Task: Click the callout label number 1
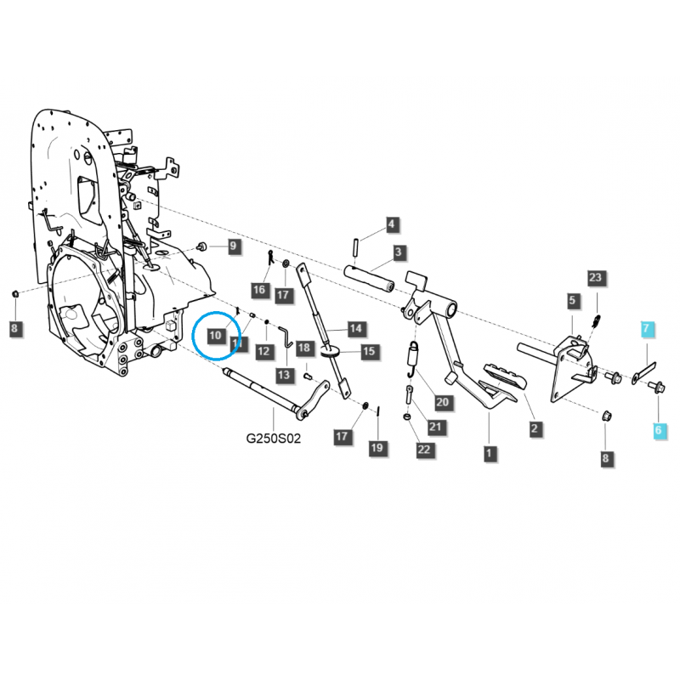(x=490, y=453)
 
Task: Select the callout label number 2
(x=535, y=429)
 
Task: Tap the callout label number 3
(x=398, y=253)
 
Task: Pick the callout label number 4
(x=391, y=225)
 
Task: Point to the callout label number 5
(x=573, y=301)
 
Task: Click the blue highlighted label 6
(x=658, y=431)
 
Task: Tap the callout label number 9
(x=233, y=246)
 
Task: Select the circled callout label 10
(x=215, y=337)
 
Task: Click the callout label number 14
(x=355, y=328)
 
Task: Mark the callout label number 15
(x=369, y=351)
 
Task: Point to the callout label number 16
(x=260, y=291)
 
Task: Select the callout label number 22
(x=424, y=448)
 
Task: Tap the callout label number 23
(x=595, y=278)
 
